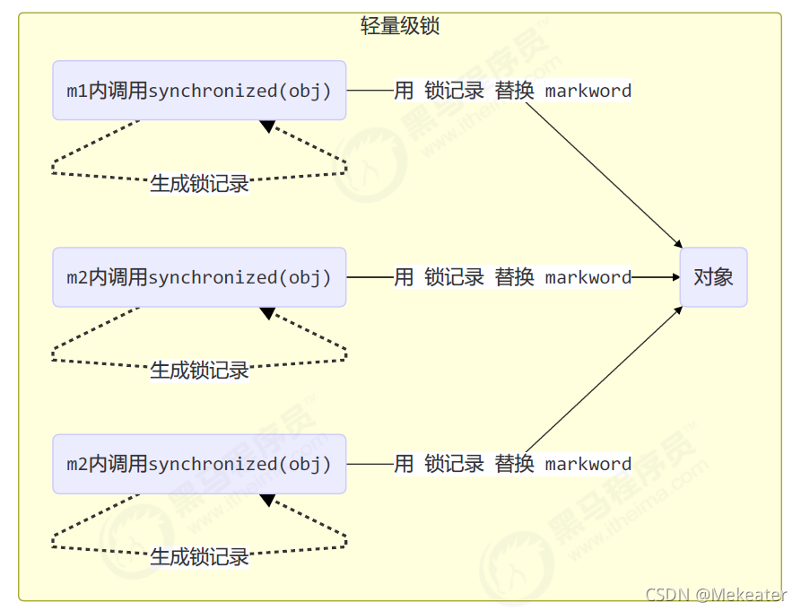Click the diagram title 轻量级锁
click(400, 26)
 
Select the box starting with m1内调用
click(199, 91)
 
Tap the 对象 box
click(713, 277)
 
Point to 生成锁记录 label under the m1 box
click(199, 184)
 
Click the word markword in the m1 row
click(588, 91)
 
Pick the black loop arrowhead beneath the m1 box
click(267, 127)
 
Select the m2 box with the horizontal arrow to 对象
click(199, 277)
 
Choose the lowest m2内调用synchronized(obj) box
click(199, 464)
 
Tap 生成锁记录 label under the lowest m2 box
click(199, 557)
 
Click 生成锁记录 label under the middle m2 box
click(199, 371)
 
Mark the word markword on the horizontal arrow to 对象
click(588, 277)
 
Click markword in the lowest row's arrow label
click(588, 464)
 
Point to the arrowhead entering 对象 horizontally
click(675, 277)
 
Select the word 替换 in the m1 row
click(514, 91)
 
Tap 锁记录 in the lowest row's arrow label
click(454, 464)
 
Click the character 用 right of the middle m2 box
click(404, 277)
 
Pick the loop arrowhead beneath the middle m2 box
click(267, 313)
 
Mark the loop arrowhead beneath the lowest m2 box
click(267, 500)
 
